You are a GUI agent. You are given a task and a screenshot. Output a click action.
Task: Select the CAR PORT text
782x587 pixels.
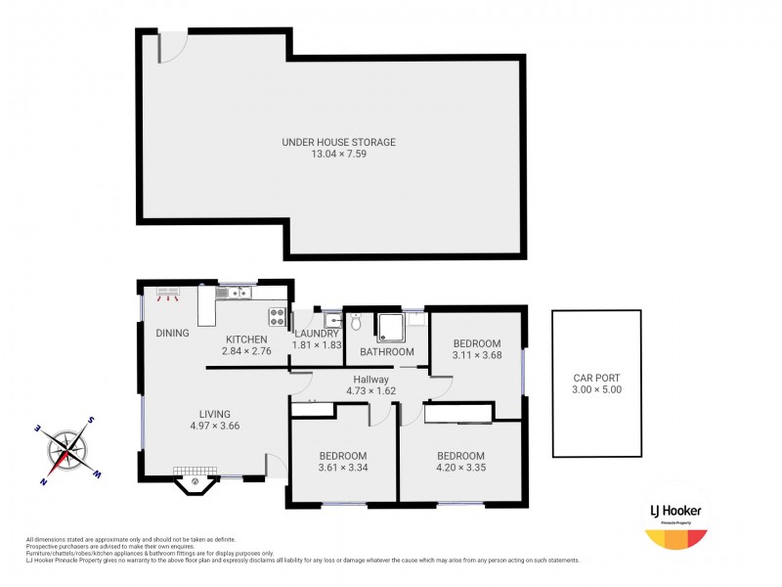tap(596, 377)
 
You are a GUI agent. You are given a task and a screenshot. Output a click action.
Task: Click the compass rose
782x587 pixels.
tap(67, 451)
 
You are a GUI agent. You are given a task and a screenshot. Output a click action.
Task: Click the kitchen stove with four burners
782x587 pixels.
tap(277, 316)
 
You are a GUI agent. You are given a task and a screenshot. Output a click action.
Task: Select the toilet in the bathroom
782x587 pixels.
tap(357, 322)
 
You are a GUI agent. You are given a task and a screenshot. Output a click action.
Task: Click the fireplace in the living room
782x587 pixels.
tap(196, 479)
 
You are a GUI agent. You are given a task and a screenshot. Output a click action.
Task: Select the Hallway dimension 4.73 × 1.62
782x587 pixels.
tap(371, 391)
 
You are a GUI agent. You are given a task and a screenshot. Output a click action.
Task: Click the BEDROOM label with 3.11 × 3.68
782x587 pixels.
tap(476, 343)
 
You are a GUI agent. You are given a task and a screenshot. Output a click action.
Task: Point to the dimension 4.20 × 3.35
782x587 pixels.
tap(460, 468)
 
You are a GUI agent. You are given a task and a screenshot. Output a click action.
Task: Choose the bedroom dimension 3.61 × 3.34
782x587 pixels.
tap(342, 468)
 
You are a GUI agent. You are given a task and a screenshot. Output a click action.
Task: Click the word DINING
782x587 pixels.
tap(172, 333)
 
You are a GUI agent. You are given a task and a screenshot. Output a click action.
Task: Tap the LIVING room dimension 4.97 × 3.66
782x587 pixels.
tap(215, 426)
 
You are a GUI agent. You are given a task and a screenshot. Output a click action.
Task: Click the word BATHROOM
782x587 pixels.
tap(387, 351)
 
